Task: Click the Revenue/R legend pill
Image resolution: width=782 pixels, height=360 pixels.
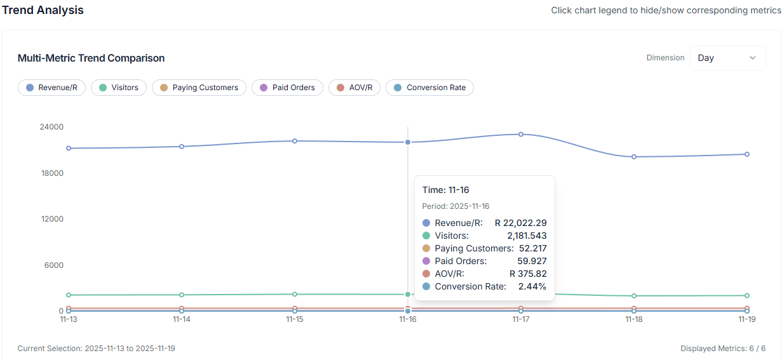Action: (51, 88)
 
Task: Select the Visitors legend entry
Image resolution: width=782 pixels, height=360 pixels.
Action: (119, 88)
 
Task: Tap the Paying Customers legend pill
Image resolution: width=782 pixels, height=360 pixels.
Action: (199, 88)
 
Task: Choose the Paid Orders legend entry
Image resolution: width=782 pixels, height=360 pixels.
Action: (287, 88)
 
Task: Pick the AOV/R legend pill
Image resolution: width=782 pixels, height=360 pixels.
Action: (354, 88)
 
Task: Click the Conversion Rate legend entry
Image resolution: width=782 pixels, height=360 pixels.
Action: (429, 88)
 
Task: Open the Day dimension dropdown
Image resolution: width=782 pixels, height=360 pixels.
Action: (727, 58)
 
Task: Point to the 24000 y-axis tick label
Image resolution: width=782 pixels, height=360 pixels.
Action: (51, 127)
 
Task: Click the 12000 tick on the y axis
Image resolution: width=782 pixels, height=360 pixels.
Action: (51, 219)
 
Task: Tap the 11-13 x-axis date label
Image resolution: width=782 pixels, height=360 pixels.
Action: (69, 320)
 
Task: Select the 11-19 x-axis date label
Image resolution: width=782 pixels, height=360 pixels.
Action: (747, 320)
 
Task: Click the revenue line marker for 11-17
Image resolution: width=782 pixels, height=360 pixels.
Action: (521, 134)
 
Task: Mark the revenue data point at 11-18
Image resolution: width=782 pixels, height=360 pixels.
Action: (634, 157)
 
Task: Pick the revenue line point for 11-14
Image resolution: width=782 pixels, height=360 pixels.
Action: (182, 147)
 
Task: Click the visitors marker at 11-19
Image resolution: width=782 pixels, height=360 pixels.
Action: (747, 295)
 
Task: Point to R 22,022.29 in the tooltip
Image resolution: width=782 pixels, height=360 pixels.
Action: (520, 223)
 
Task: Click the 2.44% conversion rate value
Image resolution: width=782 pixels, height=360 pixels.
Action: (532, 286)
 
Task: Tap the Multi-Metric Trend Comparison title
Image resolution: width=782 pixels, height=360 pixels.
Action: (91, 58)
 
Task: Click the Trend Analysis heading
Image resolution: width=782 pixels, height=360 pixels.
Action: (43, 10)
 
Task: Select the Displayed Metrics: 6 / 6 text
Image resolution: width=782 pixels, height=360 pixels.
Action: (722, 349)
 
